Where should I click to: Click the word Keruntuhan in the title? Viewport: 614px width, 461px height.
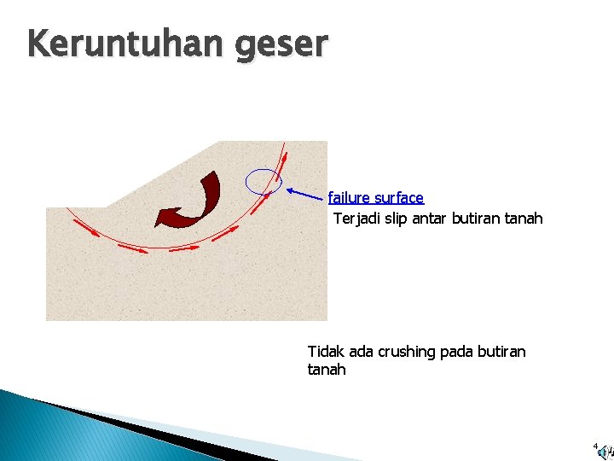tap(112, 44)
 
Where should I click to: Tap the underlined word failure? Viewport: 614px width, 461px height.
tap(350, 198)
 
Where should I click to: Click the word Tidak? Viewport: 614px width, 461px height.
tap(325, 352)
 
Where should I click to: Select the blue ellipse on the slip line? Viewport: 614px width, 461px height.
tap(264, 181)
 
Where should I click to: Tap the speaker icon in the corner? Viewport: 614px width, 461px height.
tap(605, 452)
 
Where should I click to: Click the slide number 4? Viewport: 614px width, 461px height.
tap(595, 446)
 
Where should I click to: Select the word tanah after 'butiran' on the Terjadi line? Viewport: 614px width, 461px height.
tap(524, 219)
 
